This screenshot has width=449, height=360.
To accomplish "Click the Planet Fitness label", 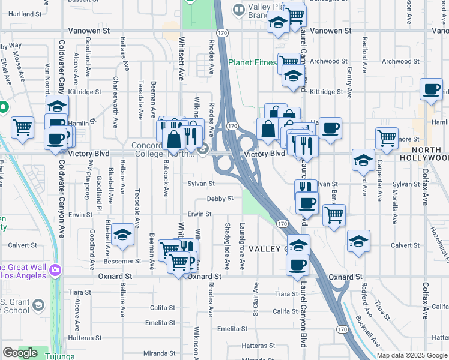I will tap(252, 62).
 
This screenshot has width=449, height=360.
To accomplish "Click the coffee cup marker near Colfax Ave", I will tap(431, 89).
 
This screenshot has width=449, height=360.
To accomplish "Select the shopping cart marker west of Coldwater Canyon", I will tap(22, 127).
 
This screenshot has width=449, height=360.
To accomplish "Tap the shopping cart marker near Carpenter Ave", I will tap(387, 138).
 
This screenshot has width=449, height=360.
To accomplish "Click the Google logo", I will tap(20, 353).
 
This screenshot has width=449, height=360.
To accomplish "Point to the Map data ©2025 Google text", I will tap(412, 355).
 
